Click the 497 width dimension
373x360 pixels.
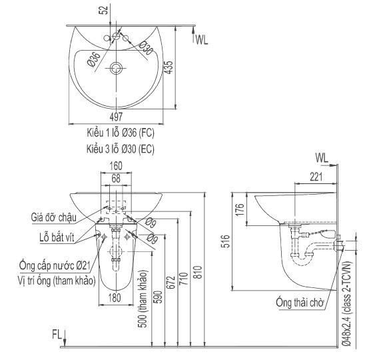tap(116, 117)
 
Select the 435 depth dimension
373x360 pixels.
tap(168, 67)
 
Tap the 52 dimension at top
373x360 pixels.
tap(105, 10)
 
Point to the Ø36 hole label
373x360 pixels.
tap(94, 59)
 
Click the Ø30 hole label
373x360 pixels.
tap(145, 48)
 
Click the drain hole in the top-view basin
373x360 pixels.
tap(117, 68)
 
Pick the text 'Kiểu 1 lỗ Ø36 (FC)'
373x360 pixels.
tap(121, 133)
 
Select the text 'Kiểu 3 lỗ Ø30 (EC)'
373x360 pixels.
tap(121, 149)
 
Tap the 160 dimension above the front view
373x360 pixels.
tap(116, 166)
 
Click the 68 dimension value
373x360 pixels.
tap(116, 179)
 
